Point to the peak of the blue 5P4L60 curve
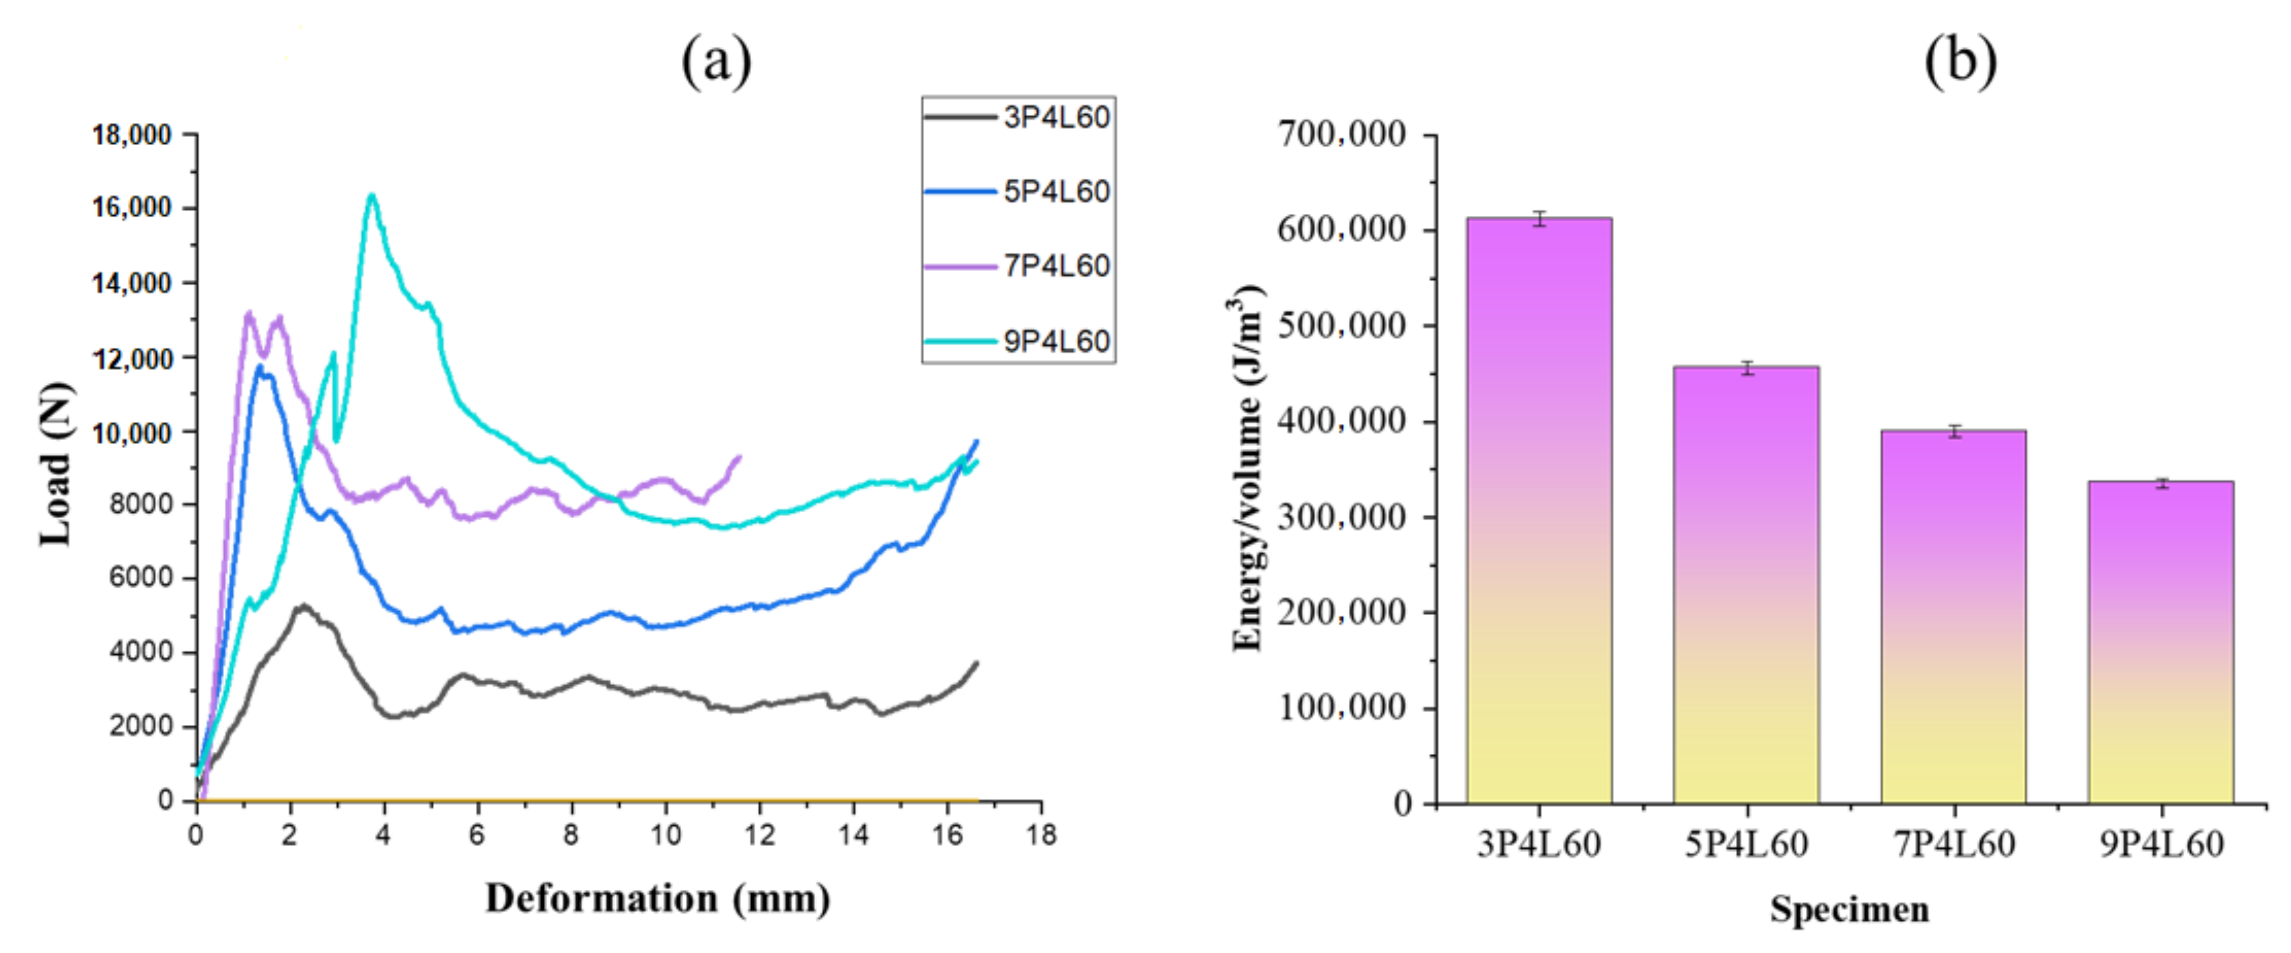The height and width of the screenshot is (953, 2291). coord(260,365)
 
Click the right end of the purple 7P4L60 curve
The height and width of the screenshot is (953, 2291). coord(739,457)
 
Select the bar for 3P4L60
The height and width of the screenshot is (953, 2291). coord(1539,511)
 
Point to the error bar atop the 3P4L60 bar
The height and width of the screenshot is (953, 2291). coord(1539,219)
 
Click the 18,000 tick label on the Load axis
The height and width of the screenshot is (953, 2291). coord(132,135)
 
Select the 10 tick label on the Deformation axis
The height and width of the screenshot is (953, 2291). coord(665,835)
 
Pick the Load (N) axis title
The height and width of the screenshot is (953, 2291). coord(55,464)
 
